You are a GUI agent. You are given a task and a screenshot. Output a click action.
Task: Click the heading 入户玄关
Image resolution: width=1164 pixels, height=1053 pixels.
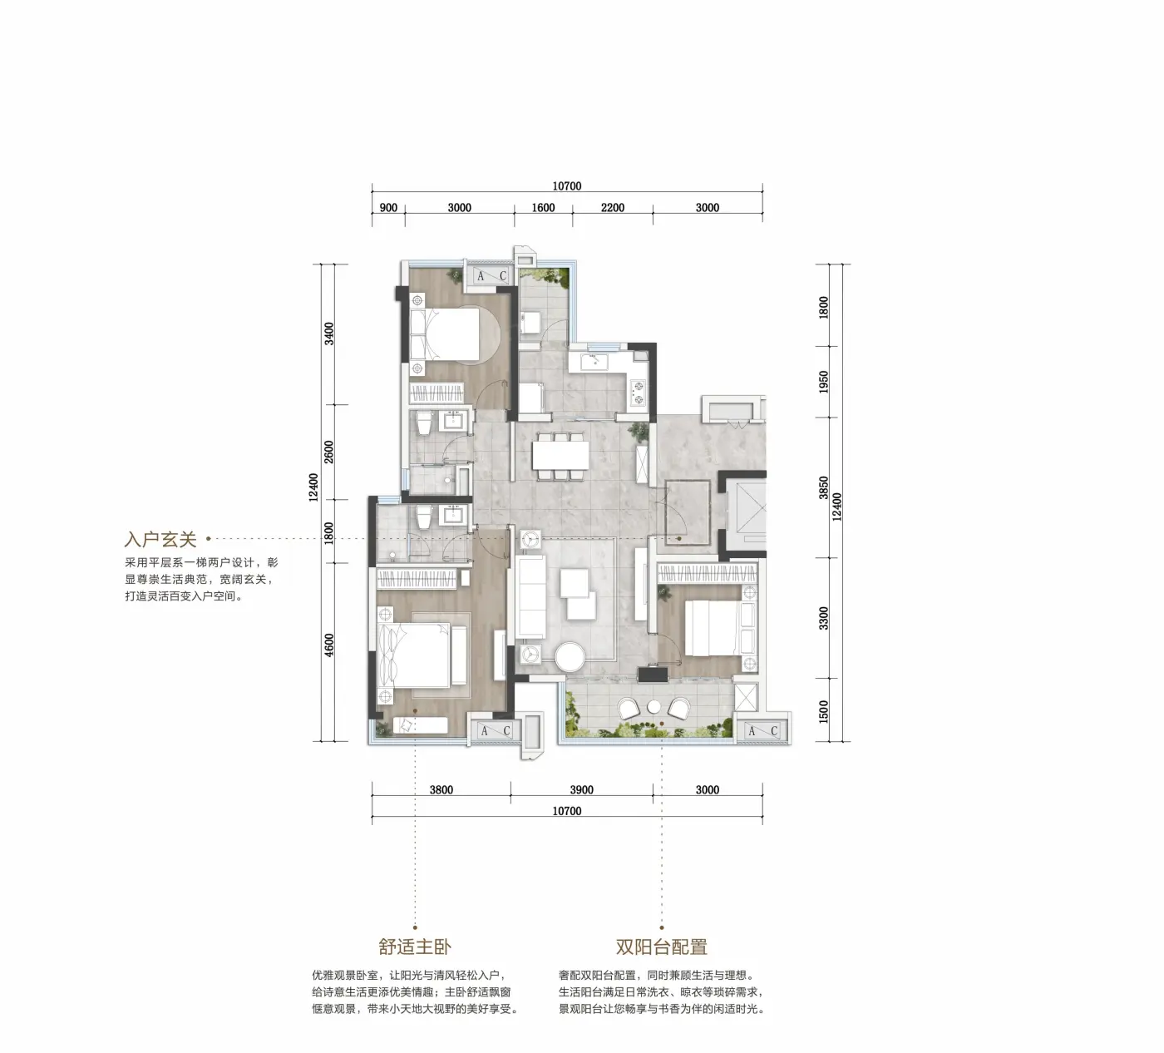160,539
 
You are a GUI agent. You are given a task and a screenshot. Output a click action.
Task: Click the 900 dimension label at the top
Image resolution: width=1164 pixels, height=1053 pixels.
388,208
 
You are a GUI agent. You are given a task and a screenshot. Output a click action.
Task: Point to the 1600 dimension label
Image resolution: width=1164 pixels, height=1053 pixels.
543,208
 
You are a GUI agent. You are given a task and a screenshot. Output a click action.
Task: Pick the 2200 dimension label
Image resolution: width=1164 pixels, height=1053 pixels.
613,208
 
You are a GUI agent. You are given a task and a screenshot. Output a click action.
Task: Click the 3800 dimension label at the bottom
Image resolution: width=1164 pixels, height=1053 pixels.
441,790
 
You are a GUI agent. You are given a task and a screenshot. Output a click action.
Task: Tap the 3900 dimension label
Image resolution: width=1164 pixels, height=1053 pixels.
581,790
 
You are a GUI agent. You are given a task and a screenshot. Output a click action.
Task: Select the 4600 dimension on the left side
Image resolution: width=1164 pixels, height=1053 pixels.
329,645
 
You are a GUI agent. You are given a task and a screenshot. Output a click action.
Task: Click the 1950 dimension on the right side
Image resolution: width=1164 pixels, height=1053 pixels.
823,382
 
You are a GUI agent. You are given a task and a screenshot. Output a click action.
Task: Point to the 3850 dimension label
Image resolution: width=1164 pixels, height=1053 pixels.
823,487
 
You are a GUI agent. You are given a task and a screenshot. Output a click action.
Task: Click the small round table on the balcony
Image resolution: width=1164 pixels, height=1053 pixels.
654,706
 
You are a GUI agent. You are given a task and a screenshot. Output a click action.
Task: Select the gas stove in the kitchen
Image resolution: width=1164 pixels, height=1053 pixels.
639,392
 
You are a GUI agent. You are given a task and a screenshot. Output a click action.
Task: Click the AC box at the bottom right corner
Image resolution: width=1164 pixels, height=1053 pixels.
762,731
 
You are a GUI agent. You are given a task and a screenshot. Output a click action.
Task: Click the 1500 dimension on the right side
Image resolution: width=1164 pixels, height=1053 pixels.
823,712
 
